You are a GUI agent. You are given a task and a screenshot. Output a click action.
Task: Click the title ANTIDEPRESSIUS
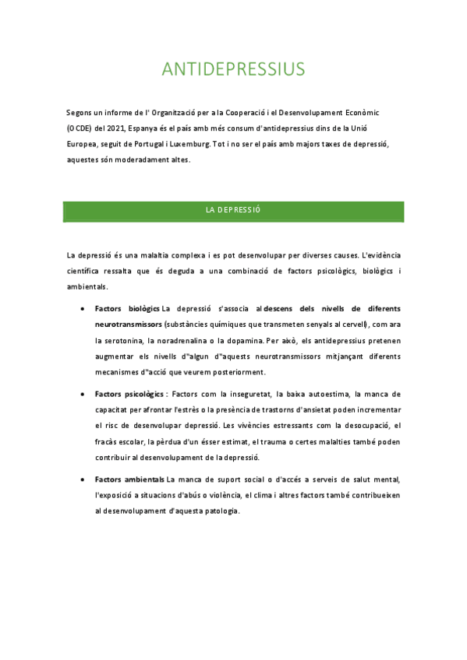233,69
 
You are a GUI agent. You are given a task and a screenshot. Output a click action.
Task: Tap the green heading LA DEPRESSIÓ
232,211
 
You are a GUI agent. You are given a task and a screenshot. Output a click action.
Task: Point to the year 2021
114,128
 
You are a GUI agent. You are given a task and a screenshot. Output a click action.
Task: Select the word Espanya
147,128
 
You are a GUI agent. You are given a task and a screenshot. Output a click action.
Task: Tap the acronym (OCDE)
80,128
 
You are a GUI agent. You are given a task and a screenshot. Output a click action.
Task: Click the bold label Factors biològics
127,309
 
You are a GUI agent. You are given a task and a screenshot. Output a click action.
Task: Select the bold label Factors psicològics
130,394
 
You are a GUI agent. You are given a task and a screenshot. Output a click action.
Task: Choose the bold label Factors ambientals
129,479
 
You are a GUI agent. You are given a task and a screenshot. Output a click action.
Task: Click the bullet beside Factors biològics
83,309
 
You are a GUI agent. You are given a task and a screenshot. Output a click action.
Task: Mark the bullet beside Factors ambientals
83,479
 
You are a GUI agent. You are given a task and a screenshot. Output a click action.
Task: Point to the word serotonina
132,341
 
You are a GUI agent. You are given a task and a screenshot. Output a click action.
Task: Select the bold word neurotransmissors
129,325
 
